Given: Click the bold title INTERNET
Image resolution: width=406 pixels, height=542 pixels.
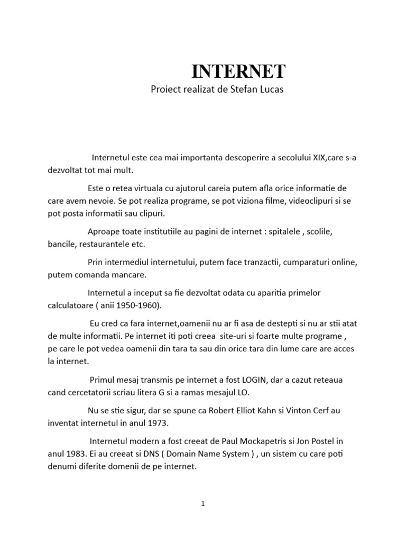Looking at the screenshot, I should (x=238, y=70).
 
